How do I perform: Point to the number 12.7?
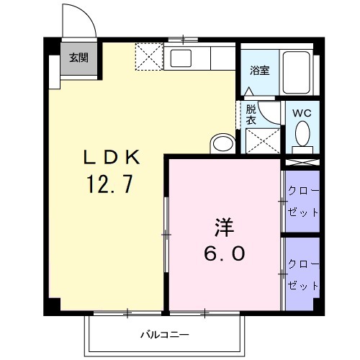(109, 186)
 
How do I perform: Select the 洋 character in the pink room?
(224, 228)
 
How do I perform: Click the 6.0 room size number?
(224, 253)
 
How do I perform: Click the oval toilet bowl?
(303, 134)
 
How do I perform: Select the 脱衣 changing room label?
(251, 115)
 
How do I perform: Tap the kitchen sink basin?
(181, 57)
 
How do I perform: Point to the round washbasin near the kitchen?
(222, 143)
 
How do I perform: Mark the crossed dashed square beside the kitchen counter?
(150, 57)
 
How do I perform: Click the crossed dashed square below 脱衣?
(262, 141)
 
